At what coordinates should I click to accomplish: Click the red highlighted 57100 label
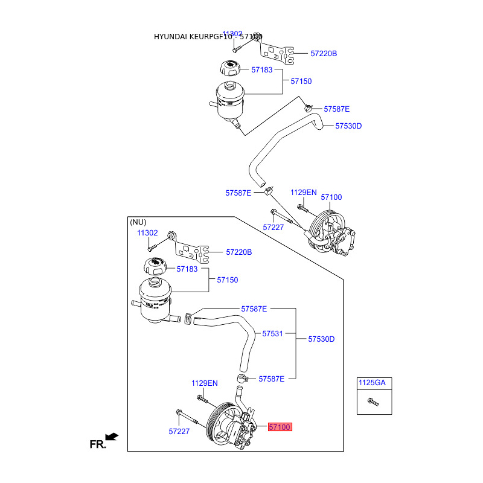tap(280, 427)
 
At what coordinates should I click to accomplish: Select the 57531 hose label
tap(272, 333)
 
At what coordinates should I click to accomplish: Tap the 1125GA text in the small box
tap(371, 382)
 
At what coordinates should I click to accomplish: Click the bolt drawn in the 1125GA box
tap(373, 401)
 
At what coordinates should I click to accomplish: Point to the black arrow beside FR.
tap(111, 437)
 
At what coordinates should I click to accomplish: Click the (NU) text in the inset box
tap(138, 222)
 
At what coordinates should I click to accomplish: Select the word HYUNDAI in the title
tap(170, 37)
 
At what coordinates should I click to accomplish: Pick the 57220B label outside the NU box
tap(324, 54)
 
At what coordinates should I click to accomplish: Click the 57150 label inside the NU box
tap(228, 280)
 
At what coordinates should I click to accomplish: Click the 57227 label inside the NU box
tap(179, 432)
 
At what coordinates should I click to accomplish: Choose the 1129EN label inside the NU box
tap(204, 383)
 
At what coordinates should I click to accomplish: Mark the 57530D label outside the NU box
tap(348, 126)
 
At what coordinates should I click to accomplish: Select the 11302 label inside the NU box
tap(147, 232)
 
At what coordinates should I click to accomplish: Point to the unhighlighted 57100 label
tap(331, 197)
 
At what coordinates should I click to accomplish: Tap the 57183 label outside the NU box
tap(262, 70)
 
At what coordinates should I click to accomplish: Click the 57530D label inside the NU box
tap(321, 339)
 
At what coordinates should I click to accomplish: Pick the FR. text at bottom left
tap(97, 445)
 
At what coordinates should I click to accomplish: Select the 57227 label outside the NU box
tap(273, 228)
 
